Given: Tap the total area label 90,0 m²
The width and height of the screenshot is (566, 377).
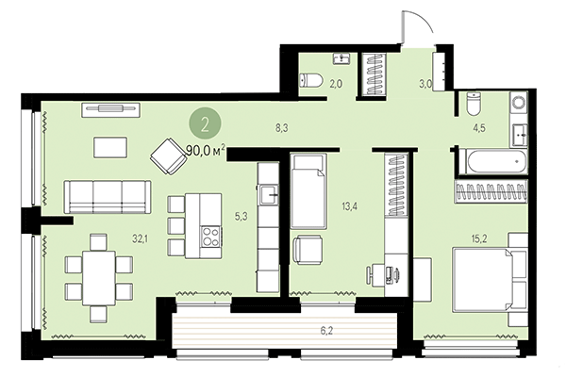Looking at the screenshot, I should [x=205, y=149].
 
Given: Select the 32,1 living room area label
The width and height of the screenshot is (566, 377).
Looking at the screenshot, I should [x=141, y=239].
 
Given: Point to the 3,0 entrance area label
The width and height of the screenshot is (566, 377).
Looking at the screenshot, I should [x=425, y=84].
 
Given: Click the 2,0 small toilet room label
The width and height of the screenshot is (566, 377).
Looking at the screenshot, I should [x=337, y=84].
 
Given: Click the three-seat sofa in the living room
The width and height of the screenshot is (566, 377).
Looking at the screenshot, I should [x=107, y=197].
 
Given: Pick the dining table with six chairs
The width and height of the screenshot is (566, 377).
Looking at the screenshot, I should [x=98, y=269].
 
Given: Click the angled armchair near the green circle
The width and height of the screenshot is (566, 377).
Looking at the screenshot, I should [x=170, y=156].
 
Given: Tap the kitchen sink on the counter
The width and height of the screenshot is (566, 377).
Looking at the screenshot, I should [x=270, y=196].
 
